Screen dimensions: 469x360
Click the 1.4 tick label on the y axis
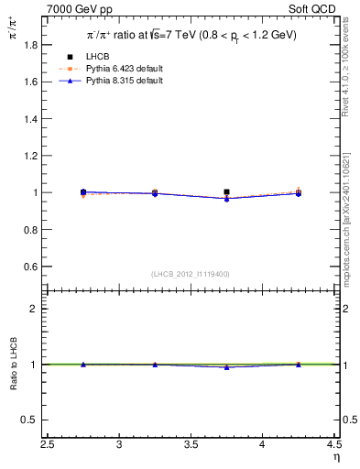click(x=29, y=118)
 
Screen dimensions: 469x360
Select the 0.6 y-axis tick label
click(x=29, y=267)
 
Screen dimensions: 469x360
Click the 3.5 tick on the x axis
click(x=191, y=444)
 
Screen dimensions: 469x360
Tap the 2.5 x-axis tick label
click(x=48, y=444)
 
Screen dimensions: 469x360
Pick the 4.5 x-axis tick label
click(x=333, y=444)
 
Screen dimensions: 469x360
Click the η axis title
click(x=335, y=457)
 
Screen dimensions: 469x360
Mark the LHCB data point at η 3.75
click(x=226, y=192)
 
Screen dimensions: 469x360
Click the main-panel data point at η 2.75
click(x=83, y=192)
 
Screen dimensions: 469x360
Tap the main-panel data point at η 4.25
click(x=298, y=193)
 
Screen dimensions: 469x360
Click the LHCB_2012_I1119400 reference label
click(x=191, y=275)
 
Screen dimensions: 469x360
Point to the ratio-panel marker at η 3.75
click(x=226, y=366)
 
